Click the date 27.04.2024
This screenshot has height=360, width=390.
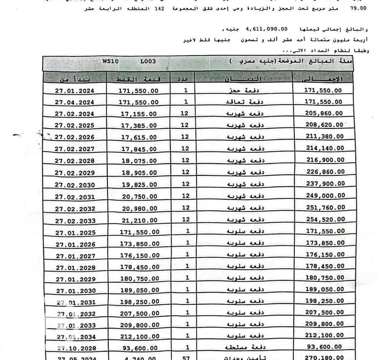pos(74,102)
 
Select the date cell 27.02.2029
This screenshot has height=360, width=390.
pos(74,173)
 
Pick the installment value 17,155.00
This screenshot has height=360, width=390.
pos(138,114)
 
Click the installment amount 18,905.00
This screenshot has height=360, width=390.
pos(138,173)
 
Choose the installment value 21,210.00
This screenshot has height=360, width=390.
pos(138,220)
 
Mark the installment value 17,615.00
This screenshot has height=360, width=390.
pos(138,138)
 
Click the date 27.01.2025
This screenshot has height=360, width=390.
pos(74,232)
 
